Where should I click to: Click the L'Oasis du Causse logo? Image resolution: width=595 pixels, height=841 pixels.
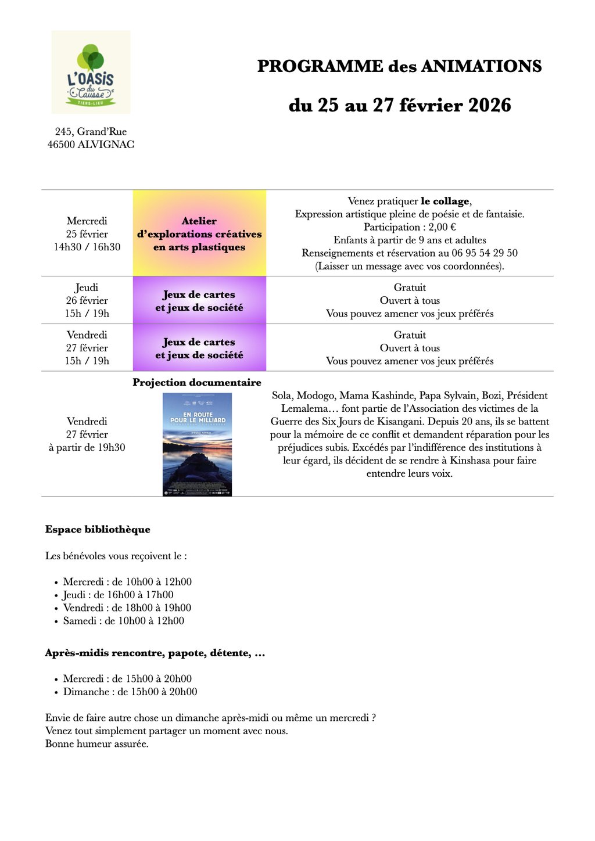click(91, 72)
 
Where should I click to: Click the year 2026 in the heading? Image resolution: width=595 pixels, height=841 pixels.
click(489, 105)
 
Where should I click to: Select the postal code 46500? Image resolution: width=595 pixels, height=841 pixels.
click(61, 145)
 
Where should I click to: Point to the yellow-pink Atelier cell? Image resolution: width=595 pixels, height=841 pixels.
click(199, 233)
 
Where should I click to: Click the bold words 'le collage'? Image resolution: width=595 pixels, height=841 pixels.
click(445, 201)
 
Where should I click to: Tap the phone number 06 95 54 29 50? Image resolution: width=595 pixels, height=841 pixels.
click(484, 253)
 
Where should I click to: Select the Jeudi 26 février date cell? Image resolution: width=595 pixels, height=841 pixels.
click(87, 300)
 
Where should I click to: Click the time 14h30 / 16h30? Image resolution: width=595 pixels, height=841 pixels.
click(87, 247)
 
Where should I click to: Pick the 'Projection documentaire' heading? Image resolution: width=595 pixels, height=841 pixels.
click(197, 382)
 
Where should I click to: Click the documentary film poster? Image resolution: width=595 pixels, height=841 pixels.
click(197, 444)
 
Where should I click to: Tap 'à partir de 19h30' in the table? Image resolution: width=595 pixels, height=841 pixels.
click(87, 447)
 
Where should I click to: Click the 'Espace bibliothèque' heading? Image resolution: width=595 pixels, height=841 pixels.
click(98, 529)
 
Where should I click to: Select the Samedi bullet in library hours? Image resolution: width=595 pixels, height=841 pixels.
click(123, 621)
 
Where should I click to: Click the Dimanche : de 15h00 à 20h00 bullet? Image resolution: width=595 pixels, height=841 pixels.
click(130, 692)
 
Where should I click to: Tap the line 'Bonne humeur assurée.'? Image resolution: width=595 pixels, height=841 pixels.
click(97, 743)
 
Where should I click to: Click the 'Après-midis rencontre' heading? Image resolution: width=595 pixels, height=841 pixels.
click(155, 653)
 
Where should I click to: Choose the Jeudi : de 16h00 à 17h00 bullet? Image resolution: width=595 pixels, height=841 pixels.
click(118, 595)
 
